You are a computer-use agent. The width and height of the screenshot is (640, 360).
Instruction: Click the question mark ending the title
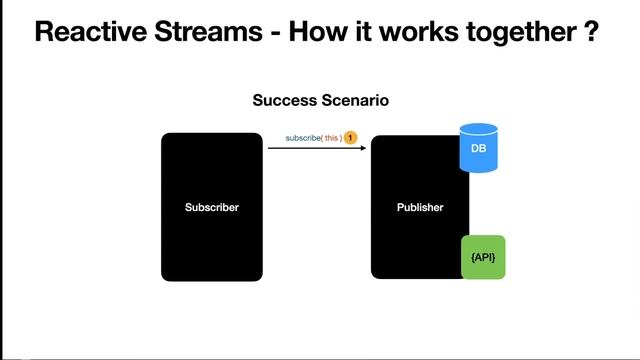592,33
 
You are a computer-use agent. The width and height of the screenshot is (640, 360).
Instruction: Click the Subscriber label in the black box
212,208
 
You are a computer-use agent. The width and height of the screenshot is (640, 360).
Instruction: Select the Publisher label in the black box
420,208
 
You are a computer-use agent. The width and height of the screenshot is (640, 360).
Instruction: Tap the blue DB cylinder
478,148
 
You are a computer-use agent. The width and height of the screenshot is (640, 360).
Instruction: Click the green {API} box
483,257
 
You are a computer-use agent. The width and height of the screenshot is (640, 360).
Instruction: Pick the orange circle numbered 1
351,137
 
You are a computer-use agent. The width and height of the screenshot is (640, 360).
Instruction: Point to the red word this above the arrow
332,137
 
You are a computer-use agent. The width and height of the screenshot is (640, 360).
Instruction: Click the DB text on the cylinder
478,149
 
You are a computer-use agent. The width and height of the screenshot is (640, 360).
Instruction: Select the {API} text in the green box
483,258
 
